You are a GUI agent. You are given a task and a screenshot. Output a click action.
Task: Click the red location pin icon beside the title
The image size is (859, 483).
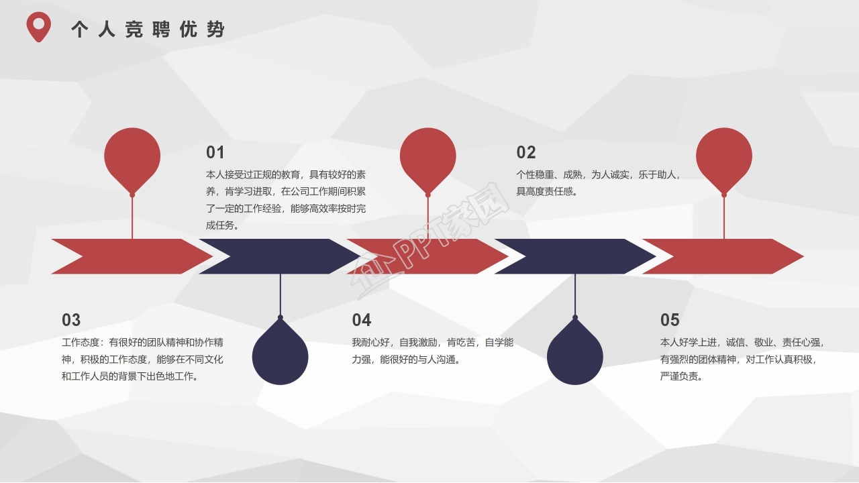39,27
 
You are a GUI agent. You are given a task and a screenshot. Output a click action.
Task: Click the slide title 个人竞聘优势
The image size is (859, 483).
148,30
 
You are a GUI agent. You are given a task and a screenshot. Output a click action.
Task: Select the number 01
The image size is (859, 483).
215,152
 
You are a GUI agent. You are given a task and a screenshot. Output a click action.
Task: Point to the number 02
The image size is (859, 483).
526,152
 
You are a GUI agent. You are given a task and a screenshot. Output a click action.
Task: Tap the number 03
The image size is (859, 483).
71,320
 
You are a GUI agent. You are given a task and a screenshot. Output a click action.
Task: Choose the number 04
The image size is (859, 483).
362,320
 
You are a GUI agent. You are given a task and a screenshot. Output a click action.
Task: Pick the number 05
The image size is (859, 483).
670,320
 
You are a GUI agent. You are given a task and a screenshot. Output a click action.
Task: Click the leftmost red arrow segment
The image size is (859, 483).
134,256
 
